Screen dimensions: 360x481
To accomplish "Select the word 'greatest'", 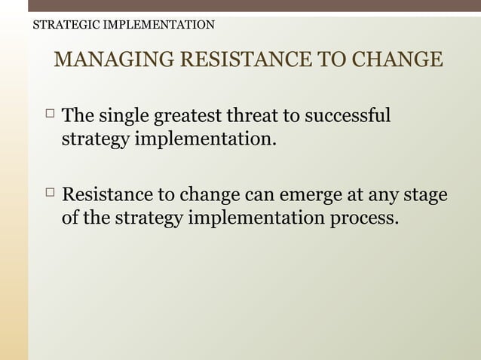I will [x=188, y=117].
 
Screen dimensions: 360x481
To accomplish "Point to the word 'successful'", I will [x=351, y=117].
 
